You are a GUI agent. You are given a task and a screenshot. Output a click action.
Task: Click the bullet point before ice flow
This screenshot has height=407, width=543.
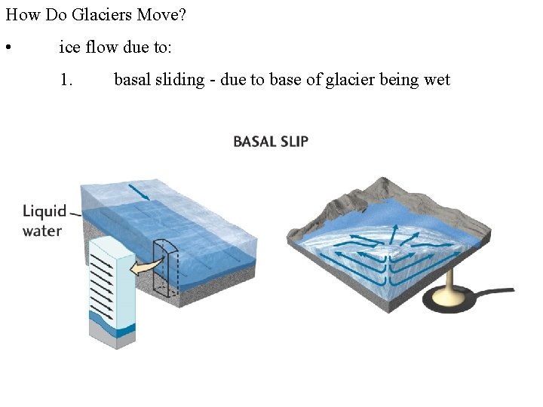pyautogui.click(x=8, y=49)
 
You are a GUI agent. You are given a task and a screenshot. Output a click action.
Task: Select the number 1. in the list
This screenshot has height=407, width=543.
pyautogui.click(x=66, y=79)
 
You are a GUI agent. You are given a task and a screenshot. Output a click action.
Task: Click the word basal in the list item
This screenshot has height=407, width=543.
pyautogui.click(x=132, y=79)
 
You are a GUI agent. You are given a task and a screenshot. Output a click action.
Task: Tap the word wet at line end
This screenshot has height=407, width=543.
pyautogui.click(x=437, y=79)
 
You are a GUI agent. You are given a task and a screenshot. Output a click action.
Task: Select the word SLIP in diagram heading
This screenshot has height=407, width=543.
pyautogui.click(x=295, y=141)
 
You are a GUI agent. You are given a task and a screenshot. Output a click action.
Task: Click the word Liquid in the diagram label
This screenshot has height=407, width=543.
pyautogui.click(x=44, y=211)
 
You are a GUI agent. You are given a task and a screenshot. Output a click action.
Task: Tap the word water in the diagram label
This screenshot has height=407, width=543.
pyautogui.click(x=42, y=231)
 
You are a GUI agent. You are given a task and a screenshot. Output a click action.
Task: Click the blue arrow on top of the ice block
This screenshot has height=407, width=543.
pyautogui.click(x=140, y=192)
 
